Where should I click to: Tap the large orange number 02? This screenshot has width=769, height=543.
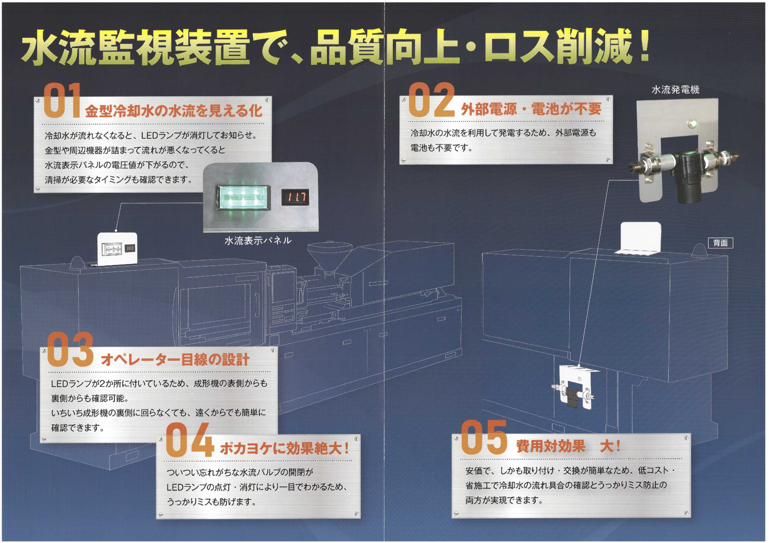[x=431, y=100]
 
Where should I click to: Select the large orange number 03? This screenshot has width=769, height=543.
[x=70, y=349]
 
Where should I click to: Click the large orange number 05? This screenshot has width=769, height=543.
[x=484, y=437]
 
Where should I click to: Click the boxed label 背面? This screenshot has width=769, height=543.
[x=720, y=243]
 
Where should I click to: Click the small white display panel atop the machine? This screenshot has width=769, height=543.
[x=117, y=248]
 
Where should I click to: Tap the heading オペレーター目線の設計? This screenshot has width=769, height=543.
[x=175, y=359]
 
